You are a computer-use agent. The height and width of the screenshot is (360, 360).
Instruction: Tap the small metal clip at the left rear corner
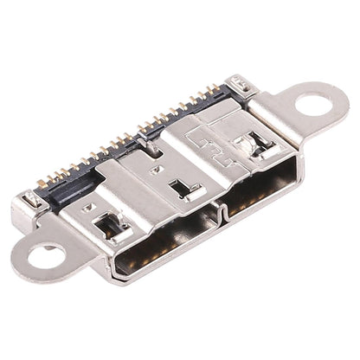point(29,200)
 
